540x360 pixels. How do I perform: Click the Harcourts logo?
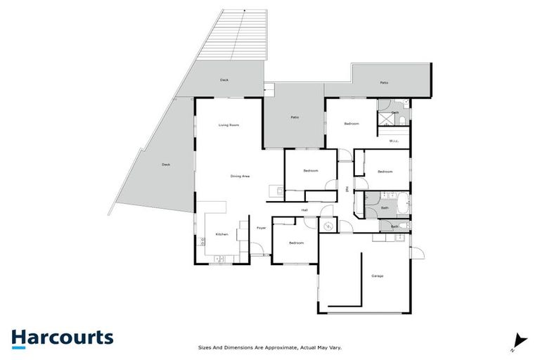[62, 337]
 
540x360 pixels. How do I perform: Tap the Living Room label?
[229, 125]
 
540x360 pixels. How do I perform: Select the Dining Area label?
[240, 176]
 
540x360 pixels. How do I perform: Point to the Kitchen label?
[221, 233]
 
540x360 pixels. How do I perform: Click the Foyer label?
[261, 228]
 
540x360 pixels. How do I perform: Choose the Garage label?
[377, 276]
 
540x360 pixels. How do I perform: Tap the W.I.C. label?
[394, 141]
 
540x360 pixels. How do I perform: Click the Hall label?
[304, 210]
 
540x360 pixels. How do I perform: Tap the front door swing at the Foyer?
[259, 249]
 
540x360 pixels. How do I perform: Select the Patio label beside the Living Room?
[295, 117]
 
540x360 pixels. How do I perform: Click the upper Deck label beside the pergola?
[224, 80]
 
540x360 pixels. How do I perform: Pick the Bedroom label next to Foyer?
[296, 243]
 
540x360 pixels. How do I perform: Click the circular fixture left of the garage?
[328, 225]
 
